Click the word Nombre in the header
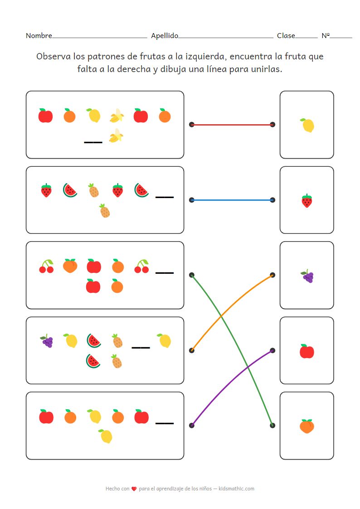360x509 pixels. point(39,36)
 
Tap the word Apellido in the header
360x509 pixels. point(165,36)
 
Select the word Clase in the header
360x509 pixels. point(286,36)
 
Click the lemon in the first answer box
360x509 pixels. point(307,125)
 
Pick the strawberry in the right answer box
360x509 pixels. point(307,200)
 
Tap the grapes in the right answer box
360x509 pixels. point(307,276)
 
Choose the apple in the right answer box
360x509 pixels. point(307,351)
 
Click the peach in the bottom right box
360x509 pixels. point(307,426)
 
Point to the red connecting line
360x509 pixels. point(232,124)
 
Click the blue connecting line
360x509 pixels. point(232,199)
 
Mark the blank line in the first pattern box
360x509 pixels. point(93,142)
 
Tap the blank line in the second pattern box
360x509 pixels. point(165,197)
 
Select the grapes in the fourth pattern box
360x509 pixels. point(47,341)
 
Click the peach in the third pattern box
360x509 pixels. point(70,266)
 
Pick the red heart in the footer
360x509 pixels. point(134,489)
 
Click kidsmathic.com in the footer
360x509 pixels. point(236,489)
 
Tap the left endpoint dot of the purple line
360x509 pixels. point(192,425)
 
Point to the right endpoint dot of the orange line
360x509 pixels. point(272,275)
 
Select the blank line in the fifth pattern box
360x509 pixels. point(165,423)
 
